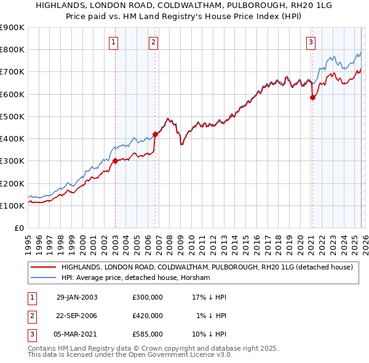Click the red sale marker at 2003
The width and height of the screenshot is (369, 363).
pyautogui.click(x=115, y=161)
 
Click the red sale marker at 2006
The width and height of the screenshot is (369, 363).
pyautogui.click(x=155, y=134)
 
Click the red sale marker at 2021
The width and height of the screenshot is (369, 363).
pyautogui.click(x=312, y=97)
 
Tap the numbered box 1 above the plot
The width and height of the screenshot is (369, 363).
pyautogui.click(x=114, y=42)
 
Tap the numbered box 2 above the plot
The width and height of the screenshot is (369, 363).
pyautogui.click(x=153, y=42)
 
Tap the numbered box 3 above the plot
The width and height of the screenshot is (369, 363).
pyautogui.click(x=311, y=42)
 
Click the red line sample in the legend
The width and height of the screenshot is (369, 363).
pyautogui.click(x=43, y=268)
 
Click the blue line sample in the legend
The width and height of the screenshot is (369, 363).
pyautogui.click(x=43, y=278)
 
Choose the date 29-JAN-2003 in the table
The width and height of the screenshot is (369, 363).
pyautogui.click(x=76, y=297)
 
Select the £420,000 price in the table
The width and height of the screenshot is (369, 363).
pyautogui.click(x=148, y=316)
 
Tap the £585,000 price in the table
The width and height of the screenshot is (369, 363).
pyautogui.click(x=148, y=334)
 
